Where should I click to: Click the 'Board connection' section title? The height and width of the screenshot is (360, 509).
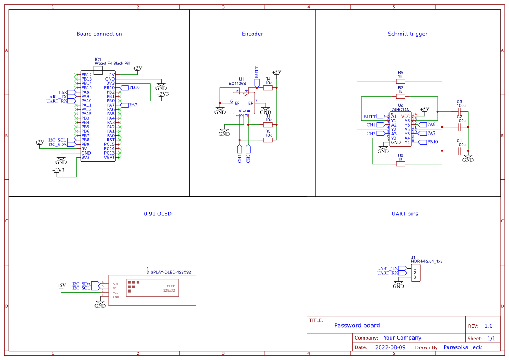point(99,34)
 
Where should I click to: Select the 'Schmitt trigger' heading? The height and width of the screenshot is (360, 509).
point(408,34)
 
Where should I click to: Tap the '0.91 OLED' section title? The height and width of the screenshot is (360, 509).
point(158,214)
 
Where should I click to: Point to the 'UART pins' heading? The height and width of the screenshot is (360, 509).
point(405,214)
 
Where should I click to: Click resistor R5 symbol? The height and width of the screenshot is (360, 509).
point(400,81)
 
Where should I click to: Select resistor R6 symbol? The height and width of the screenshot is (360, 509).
point(400,164)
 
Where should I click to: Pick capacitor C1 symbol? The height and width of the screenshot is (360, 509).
point(459,151)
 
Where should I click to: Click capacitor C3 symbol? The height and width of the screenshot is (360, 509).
point(459,111)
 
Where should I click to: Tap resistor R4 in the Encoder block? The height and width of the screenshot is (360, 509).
point(268,87)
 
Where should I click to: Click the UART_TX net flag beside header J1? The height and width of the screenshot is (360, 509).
point(388,269)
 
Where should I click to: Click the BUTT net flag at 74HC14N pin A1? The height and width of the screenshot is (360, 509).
point(371,116)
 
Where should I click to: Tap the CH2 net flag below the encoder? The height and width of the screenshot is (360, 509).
point(248,153)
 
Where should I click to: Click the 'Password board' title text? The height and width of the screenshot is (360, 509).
point(357,325)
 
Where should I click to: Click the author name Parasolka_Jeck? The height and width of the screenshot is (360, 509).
point(462,347)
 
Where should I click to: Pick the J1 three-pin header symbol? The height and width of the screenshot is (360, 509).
point(415,273)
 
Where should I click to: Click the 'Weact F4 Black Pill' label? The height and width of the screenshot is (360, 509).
point(112,64)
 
